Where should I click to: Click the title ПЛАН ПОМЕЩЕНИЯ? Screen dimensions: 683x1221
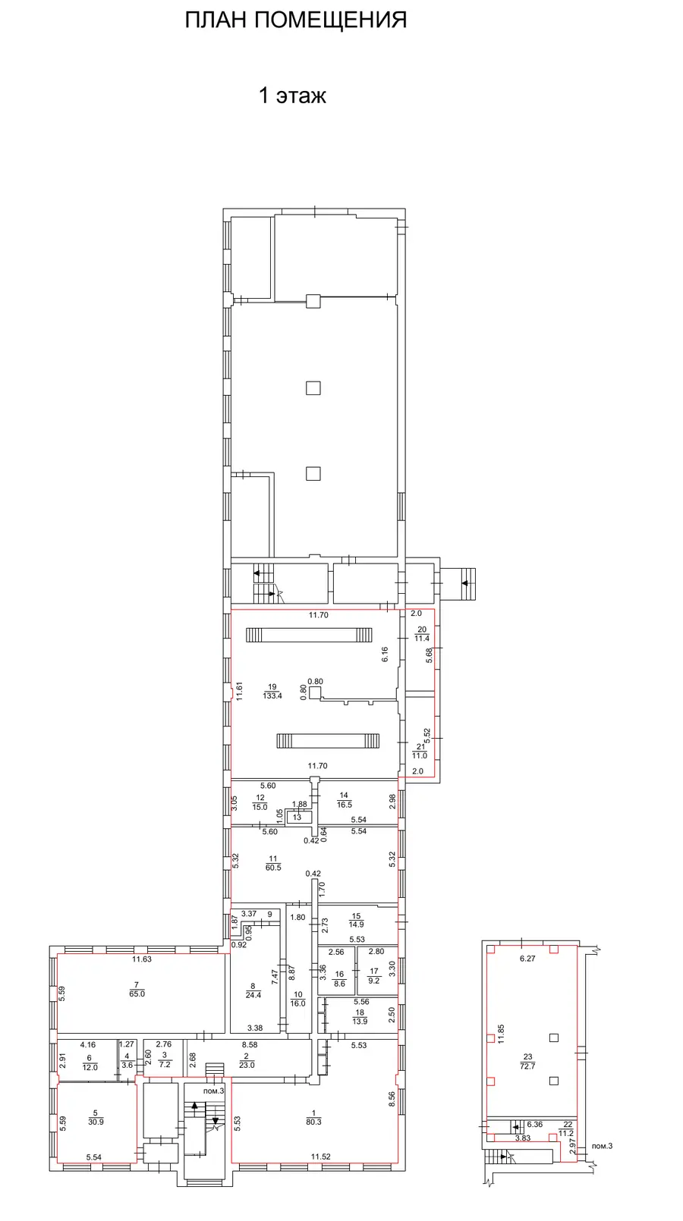(x=296, y=20)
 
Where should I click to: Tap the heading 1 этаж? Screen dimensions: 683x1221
(x=292, y=96)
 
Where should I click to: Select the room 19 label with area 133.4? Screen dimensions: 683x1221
(x=272, y=691)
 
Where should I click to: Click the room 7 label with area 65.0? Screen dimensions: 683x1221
(x=137, y=989)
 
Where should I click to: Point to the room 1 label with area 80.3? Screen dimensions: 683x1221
(x=313, y=1117)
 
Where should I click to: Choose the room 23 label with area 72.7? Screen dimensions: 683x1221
(x=527, y=1061)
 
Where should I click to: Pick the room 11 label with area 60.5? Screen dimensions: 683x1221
(x=273, y=863)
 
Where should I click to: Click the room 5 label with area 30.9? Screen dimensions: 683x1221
(x=96, y=1117)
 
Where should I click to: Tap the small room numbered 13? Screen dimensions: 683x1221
(x=297, y=817)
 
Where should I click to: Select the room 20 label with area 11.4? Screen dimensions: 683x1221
(x=422, y=633)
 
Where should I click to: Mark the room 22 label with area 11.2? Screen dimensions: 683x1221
(x=566, y=1128)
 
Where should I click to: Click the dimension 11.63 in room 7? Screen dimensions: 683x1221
(x=142, y=959)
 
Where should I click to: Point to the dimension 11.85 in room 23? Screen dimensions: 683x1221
(x=501, y=1034)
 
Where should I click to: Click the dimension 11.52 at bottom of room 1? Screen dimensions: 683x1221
(x=321, y=1156)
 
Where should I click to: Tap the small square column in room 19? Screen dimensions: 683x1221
(x=315, y=692)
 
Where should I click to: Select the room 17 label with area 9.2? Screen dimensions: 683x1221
(x=373, y=976)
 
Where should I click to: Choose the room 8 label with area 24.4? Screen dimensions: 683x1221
(x=253, y=990)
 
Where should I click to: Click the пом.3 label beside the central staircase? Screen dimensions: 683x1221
(x=214, y=1091)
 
